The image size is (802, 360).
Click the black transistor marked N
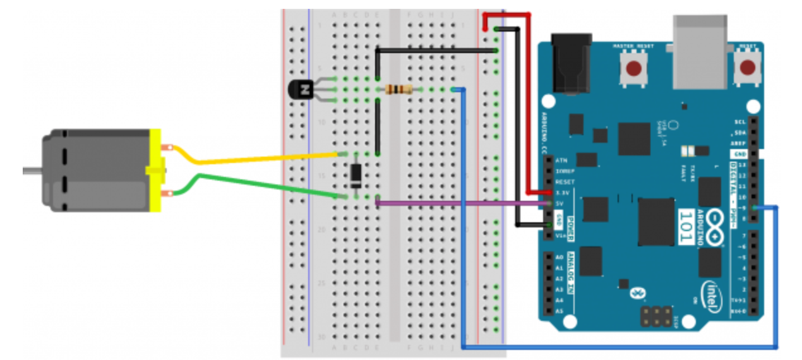pos(301,90)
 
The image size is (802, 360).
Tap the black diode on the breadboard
pos(356,176)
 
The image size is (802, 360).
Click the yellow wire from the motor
pos(253,159)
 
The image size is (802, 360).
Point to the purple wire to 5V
pos(461,203)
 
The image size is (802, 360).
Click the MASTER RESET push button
pos(633,68)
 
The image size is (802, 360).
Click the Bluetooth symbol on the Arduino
pos(637,292)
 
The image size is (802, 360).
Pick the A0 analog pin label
pos(559,258)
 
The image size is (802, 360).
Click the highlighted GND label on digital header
pos(739,154)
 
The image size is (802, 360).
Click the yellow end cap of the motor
pos(155,170)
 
